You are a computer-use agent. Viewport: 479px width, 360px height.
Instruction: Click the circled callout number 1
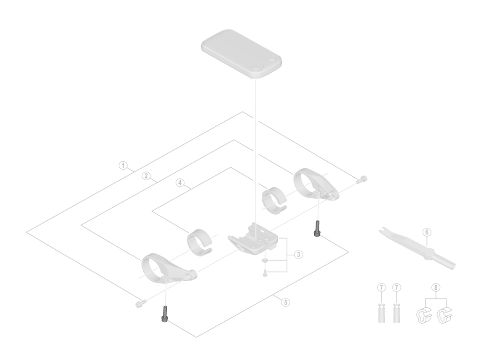pos(123,165)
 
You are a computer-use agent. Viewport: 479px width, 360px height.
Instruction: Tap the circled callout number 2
pos(146,176)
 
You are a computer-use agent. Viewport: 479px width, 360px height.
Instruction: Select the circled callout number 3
pos(298,254)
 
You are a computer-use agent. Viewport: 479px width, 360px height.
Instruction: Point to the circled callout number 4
pos(180,183)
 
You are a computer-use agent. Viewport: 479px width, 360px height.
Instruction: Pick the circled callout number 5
pos(286,302)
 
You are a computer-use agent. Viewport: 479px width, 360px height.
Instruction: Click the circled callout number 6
pos(427,232)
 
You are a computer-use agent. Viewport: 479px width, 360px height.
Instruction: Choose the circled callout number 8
pos(436,287)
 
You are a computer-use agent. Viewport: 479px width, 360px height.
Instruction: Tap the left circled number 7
pos(382,287)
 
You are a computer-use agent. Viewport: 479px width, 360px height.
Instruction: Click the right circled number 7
pos(396,287)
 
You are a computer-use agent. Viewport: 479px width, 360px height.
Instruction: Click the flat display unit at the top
pos(241,54)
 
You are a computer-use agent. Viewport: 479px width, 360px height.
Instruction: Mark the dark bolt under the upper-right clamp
pos(317,229)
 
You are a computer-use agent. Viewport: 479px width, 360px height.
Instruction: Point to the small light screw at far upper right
pos(362,179)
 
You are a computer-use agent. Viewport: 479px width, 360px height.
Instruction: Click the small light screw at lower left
pos(141,303)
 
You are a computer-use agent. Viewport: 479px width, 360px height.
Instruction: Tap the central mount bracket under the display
pos(253,238)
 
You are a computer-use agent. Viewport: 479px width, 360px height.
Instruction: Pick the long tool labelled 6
pos(417,248)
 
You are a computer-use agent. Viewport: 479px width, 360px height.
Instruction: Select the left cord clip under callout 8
pos(424,316)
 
